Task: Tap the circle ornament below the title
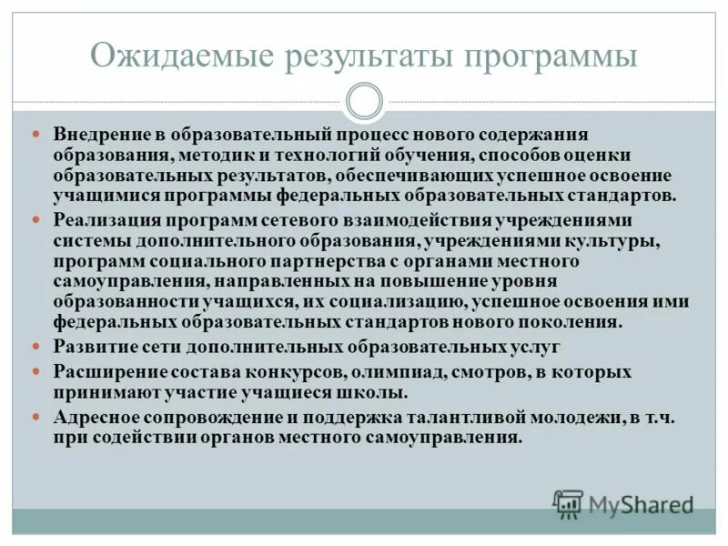click(x=364, y=101)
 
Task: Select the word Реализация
click(x=106, y=220)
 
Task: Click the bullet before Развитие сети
click(x=36, y=347)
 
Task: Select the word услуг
click(x=537, y=347)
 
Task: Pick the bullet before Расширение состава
click(x=36, y=372)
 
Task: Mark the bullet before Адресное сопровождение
click(x=36, y=418)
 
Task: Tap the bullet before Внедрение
click(x=36, y=134)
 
